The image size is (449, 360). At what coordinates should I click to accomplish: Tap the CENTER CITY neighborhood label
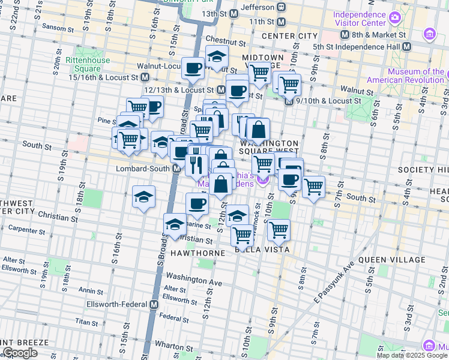pos(289,36)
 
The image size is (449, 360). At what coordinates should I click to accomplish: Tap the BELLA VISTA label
pos(262,249)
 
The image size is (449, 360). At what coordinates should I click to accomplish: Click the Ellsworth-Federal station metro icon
pos(154,304)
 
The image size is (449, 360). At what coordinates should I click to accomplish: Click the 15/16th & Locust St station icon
pos(145,77)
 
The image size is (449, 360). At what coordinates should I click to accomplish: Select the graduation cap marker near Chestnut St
pos(217,57)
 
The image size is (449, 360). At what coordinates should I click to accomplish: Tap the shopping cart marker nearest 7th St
pos(313,187)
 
